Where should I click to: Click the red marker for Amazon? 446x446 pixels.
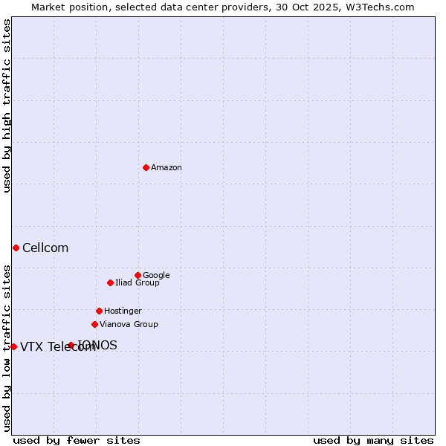[146, 167]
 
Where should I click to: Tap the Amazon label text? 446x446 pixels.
[167, 168]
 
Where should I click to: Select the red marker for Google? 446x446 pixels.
[138, 275]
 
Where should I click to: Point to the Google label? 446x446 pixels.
[156, 276]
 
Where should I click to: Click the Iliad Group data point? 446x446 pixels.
[110, 282]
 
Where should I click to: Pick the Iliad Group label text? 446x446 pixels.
[138, 283]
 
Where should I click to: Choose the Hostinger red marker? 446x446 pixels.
[99, 311]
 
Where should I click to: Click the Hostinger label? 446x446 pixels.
[123, 311]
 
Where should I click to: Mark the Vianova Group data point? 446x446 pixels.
[94, 324]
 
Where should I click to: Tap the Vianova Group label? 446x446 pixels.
[129, 325]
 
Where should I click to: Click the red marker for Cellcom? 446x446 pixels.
[16, 248]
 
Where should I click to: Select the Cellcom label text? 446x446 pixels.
[45, 248]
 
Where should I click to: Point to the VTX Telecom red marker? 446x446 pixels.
[13, 346]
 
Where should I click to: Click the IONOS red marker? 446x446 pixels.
[71, 345]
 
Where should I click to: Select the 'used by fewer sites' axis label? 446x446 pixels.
[77, 440]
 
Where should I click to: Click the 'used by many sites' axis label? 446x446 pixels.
[373, 440]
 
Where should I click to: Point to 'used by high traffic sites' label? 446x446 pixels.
[7, 106]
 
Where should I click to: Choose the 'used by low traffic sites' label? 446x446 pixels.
[7, 348]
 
